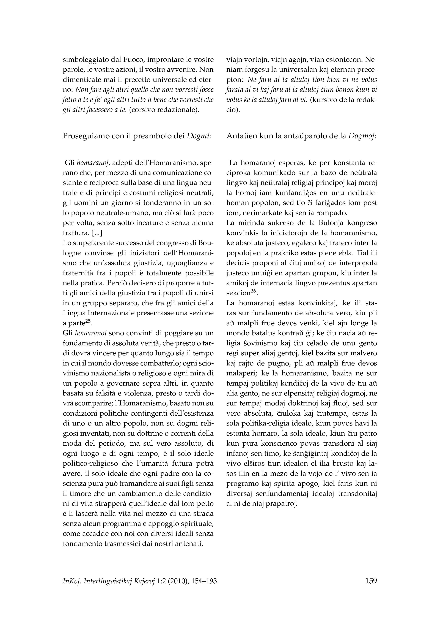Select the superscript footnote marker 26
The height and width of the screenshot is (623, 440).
pyautogui.click(x=253, y=291)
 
